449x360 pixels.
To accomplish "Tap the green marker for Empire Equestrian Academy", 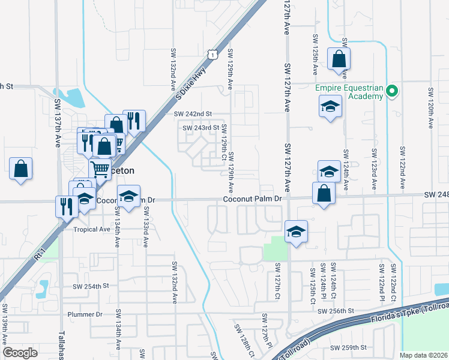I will coord(392,92).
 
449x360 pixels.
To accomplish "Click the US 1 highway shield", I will coord(212,55).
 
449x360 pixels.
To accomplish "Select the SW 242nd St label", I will coord(193,114).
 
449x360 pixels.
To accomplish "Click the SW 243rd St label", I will coord(200,128).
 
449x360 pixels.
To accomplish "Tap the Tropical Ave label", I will coord(91,229).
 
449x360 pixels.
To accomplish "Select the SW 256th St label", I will coord(337,311).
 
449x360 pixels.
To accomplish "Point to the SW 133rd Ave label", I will coord(146,227).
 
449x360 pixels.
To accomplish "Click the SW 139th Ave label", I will coord(5,324).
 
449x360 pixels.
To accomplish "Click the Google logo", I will coord(20,353).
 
